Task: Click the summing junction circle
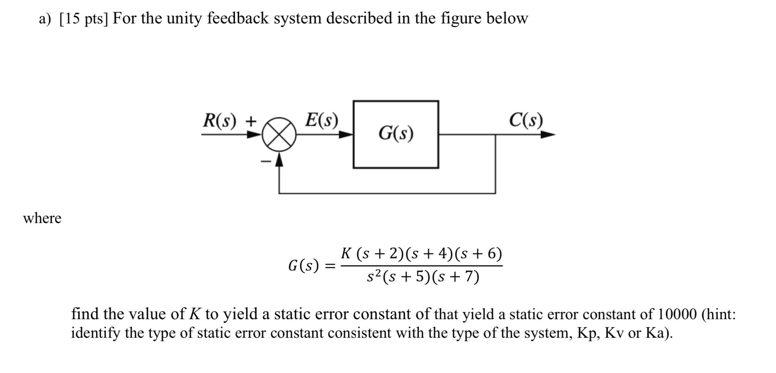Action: (279, 134)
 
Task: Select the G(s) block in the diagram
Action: (396, 134)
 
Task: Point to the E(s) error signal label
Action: (322, 120)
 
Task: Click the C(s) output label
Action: (526, 120)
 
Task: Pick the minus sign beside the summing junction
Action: (266, 161)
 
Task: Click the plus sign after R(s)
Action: (251, 121)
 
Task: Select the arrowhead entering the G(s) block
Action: (346, 134)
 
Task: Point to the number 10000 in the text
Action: (677, 314)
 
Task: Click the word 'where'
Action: (42, 218)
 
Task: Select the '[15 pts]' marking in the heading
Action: (84, 18)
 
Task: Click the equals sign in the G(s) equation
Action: (330, 266)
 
